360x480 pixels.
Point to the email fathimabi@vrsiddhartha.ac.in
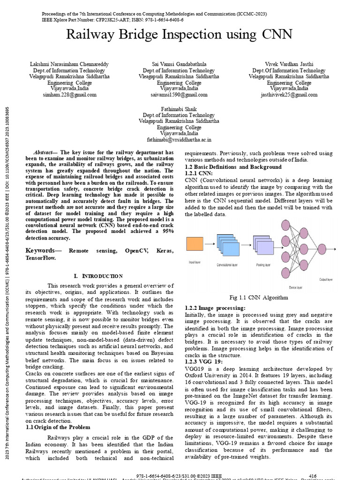(x=179, y=139)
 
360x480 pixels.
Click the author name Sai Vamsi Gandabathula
(x=180, y=64)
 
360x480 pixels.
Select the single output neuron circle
(x=322, y=248)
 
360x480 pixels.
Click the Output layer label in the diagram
(x=326, y=279)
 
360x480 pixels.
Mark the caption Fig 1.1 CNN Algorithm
(x=258, y=297)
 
